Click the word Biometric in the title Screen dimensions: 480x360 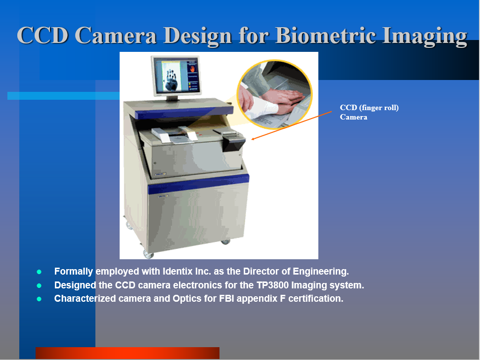326,35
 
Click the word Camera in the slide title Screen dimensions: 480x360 115,35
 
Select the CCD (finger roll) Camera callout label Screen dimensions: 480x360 369,112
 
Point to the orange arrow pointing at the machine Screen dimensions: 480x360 292,125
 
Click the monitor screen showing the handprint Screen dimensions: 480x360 176,76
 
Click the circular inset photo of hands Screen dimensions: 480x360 274,94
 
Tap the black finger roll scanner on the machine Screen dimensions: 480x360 233,143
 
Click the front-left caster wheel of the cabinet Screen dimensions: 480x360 148,253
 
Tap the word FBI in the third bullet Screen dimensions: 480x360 226,299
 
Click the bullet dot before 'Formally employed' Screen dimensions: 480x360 39,272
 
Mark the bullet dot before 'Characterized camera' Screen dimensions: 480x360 39,299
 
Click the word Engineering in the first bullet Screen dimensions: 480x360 321,272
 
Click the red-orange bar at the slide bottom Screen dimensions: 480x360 128,353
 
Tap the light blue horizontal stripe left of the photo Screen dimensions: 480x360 63,96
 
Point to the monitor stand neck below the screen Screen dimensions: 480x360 172,98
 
